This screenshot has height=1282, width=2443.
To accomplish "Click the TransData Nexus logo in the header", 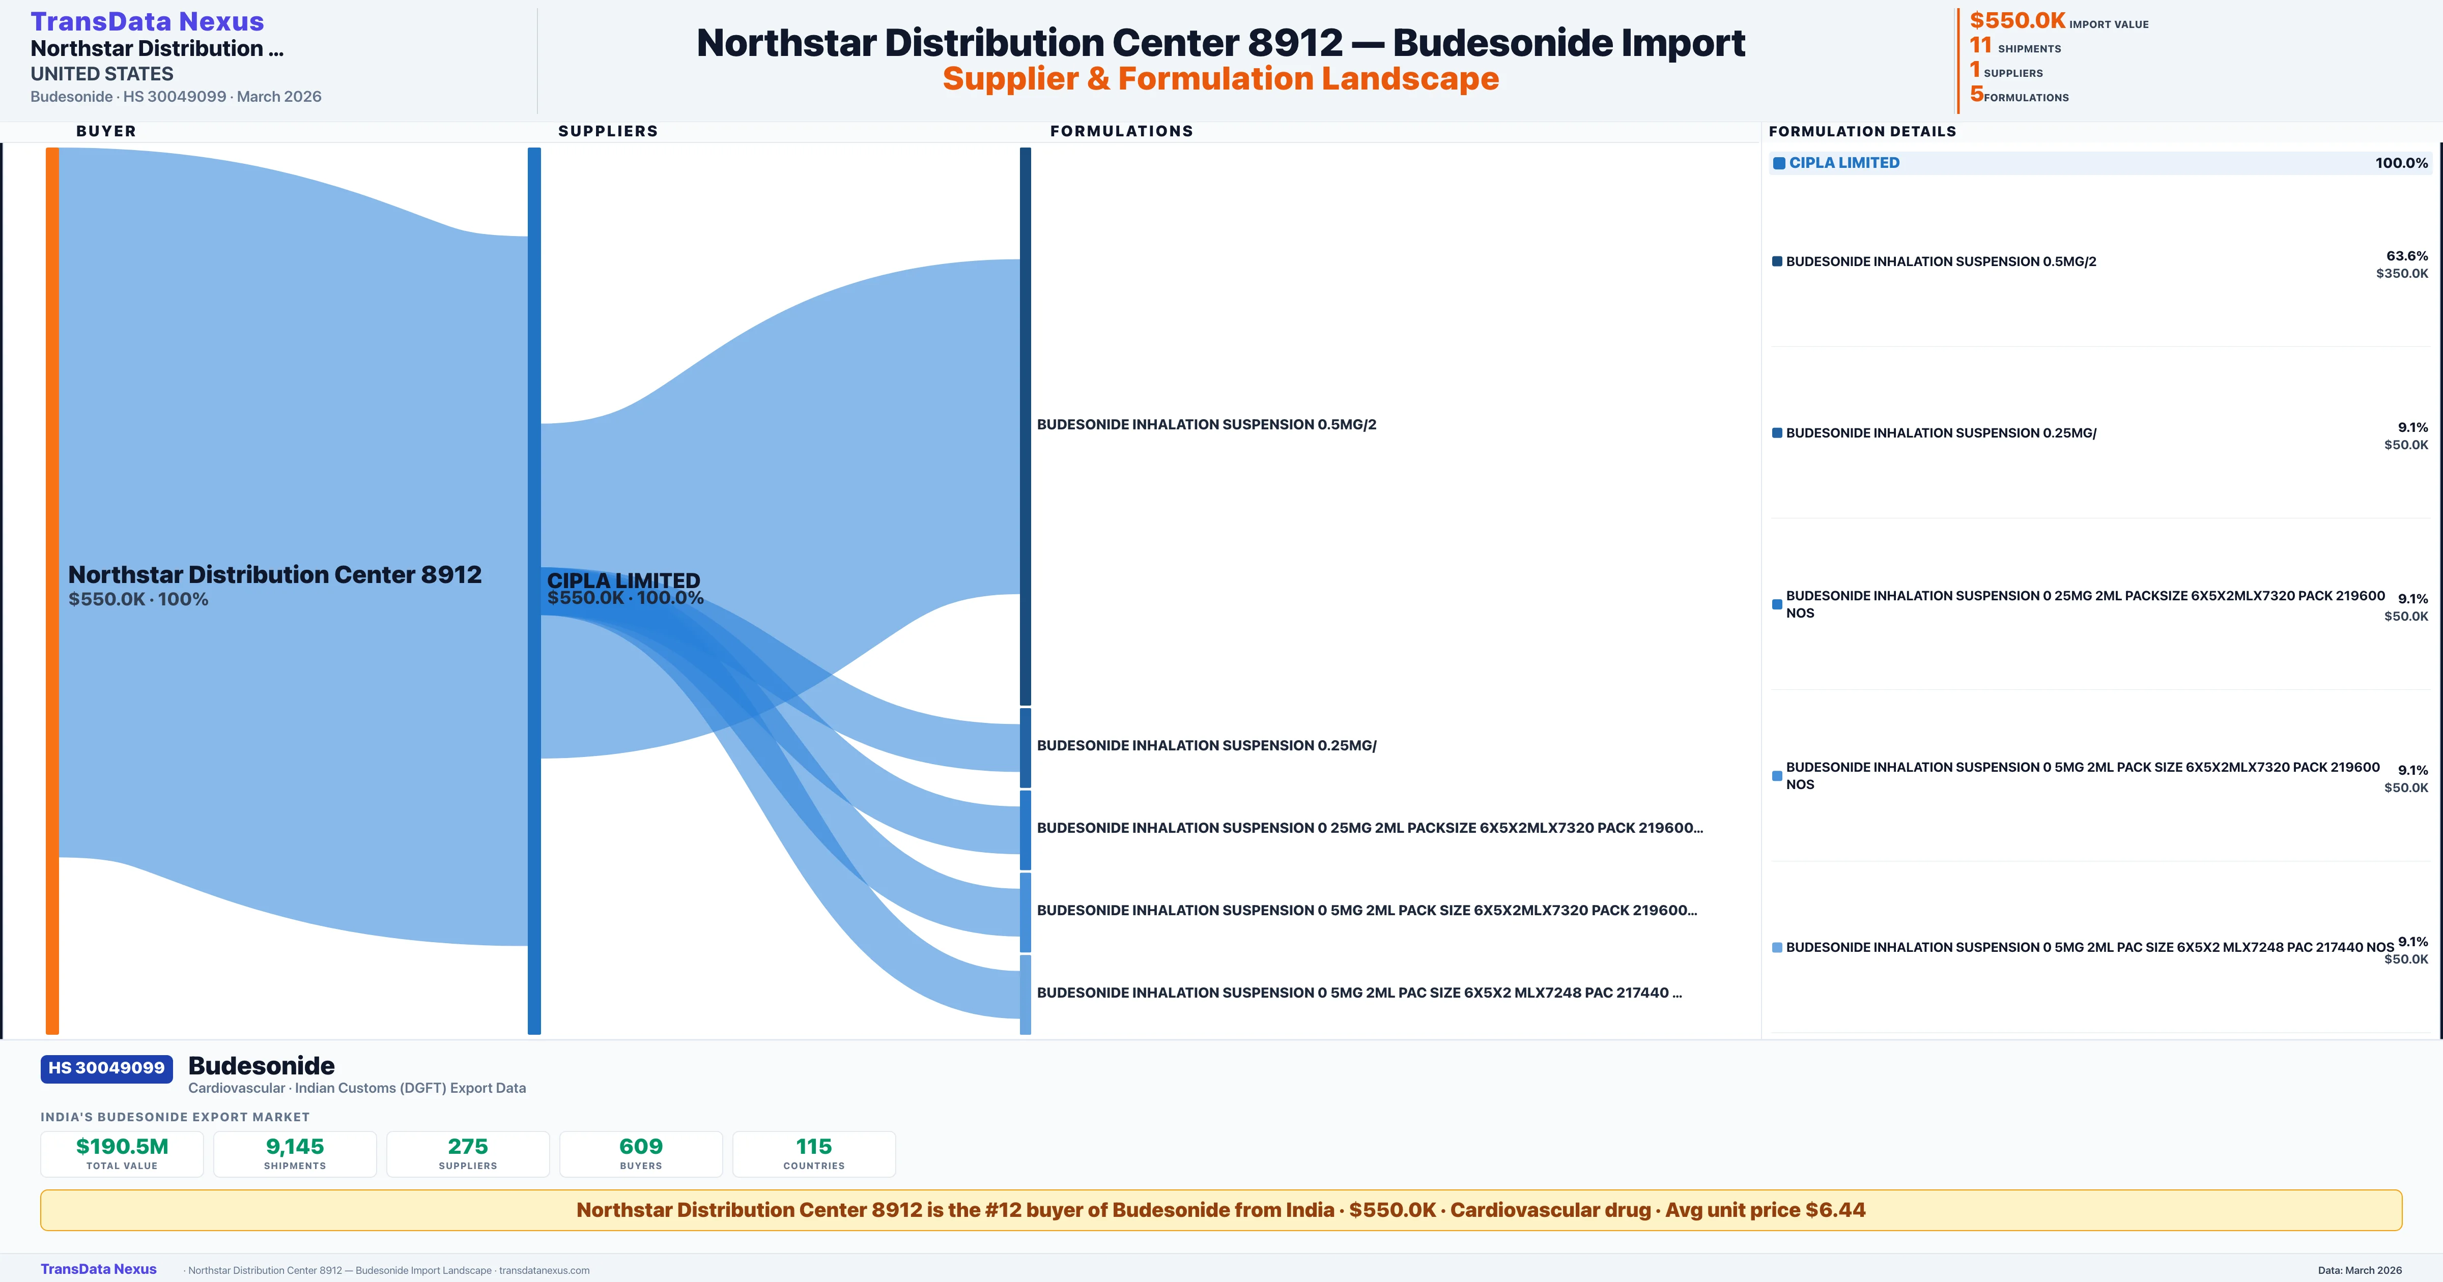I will pyautogui.click(x=147, y=22).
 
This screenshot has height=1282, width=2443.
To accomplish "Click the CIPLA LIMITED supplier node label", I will pyautogui.click(x=623, y=580).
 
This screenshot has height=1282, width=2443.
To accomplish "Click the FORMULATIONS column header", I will pyautogui.click(x=1121, y=131).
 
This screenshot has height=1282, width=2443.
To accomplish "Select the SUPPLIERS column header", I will pyautogui.click(x=607, y=131).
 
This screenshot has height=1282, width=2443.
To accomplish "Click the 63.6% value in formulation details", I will pyautogui.click(x=2406, y=256).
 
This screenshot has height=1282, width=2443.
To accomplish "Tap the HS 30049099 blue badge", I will pyautogui.click(x=106, y=1068).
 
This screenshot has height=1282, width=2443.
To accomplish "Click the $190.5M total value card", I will pyautogui.click(x=122, y=1153).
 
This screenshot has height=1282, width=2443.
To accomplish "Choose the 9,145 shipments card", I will pyautogui.click(x=295, y=1153).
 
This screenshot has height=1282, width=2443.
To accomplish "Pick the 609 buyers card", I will pyautogui.click(x=641, y=1153).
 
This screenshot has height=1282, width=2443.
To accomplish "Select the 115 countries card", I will pyautogui.click(x=814, y=1153).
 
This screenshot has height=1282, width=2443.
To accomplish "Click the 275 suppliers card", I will pyautogui.click(x=468, y=1153).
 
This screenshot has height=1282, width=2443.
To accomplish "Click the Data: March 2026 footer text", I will pyautogui.click(x=2360, y=1270).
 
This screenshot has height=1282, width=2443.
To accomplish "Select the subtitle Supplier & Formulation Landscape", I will pyautogui.click(x=1220, y=79).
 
